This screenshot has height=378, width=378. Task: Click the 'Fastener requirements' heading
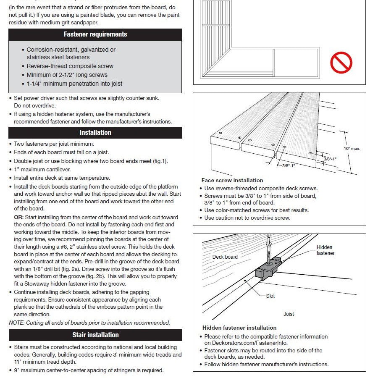95,34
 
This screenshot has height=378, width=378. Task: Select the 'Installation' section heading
95,132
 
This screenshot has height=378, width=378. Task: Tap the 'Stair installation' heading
95,335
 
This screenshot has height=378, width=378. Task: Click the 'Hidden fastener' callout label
325,250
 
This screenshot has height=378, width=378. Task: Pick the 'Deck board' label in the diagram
225,257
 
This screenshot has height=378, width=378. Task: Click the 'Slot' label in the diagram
270,296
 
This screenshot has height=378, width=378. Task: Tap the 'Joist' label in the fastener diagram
289,314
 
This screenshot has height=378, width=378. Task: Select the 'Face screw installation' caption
232,180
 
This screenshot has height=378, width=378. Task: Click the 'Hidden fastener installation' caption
239,328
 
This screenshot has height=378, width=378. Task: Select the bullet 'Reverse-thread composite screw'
70,66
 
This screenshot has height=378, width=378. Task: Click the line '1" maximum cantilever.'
42,169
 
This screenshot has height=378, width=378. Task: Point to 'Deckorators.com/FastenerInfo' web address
246,343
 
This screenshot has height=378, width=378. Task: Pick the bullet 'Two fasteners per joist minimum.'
54,144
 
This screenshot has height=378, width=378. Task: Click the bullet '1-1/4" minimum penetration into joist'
74,84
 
